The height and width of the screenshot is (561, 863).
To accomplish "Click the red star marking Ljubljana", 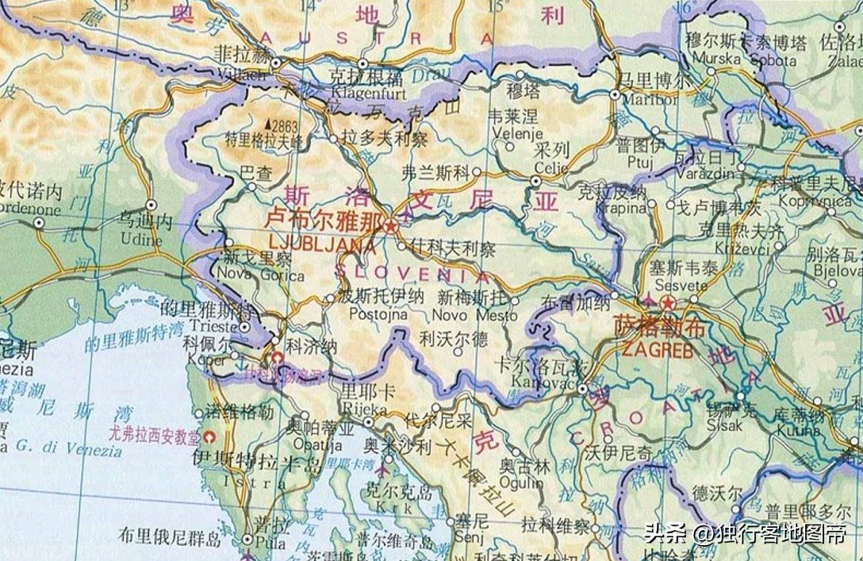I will (390, 226).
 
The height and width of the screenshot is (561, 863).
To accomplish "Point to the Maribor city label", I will (650, 100).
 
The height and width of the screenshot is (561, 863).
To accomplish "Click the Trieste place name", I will (210, 326).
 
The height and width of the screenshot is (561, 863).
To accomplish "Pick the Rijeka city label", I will (363, 409).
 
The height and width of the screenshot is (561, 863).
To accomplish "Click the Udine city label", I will (140, 239).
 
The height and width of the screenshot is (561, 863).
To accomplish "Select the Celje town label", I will (550, 167).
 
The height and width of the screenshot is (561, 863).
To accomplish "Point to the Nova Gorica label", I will (260, 275).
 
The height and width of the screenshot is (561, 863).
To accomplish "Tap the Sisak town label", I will (725, 425).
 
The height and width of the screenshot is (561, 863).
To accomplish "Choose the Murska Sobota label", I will (743, 60).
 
